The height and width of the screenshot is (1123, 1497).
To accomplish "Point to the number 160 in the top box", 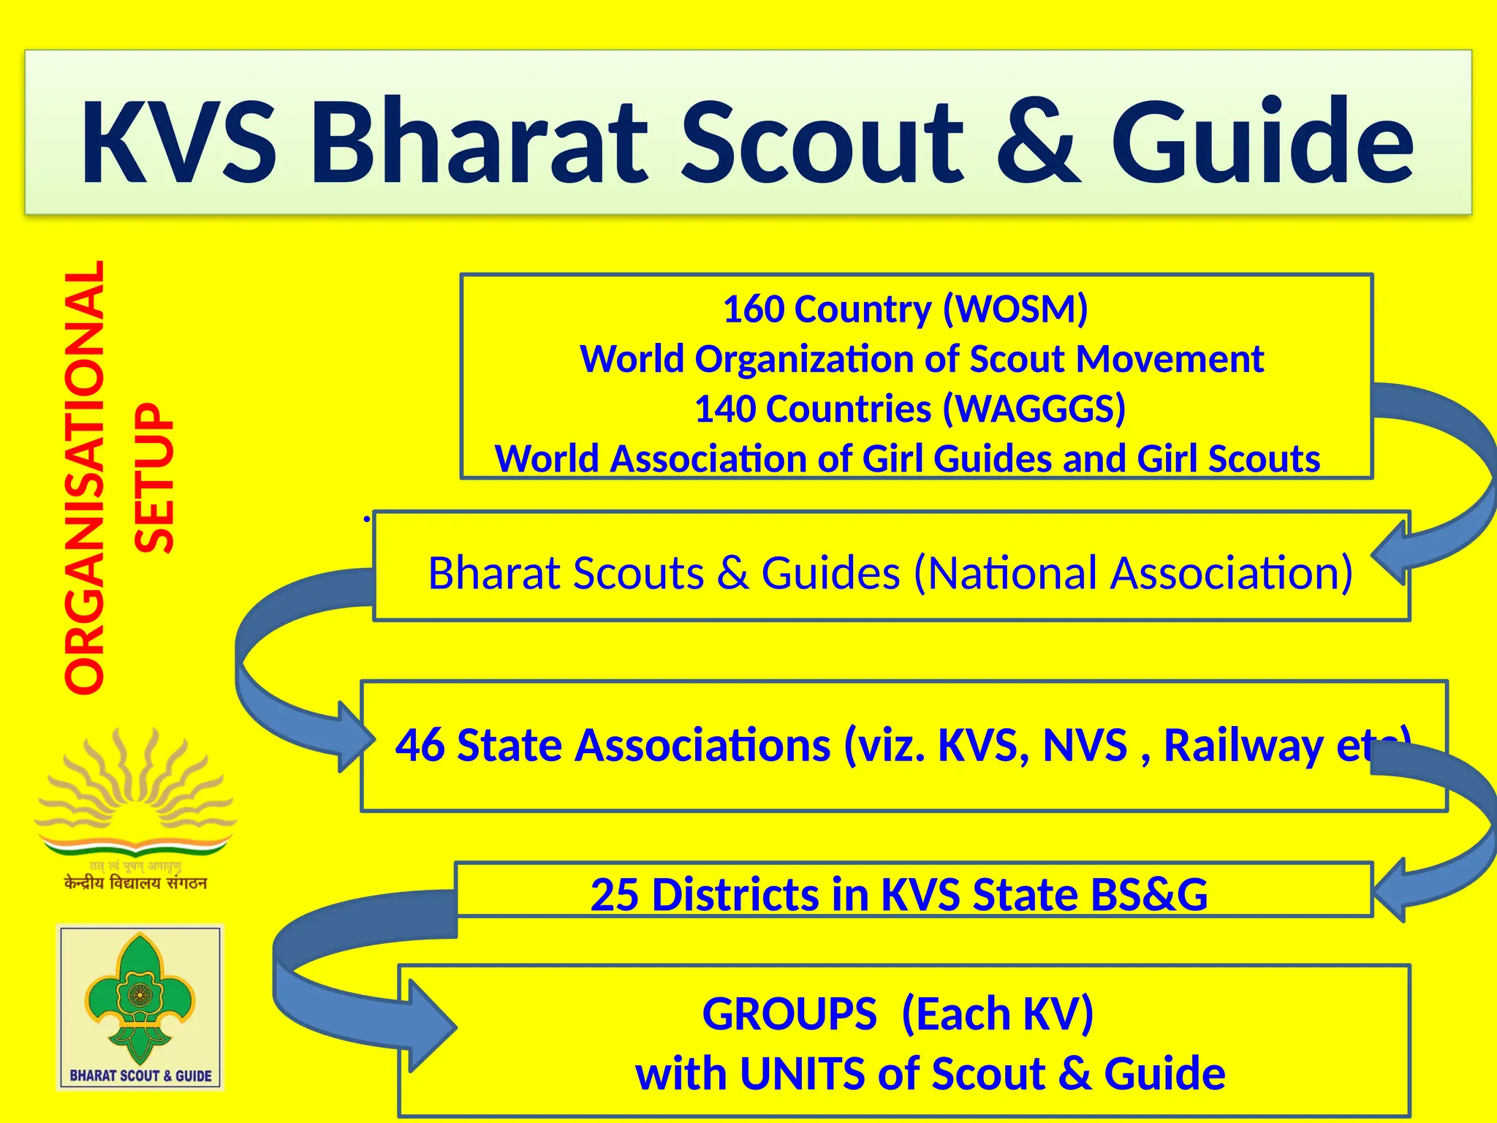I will click(x=753, y=309).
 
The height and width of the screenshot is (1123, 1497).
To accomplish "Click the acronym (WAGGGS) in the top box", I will click(x=1034, y=409).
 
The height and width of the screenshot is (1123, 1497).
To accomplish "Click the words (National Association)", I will click(x=1133, y=572).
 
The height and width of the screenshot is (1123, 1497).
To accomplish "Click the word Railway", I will click(x=1243, y=746).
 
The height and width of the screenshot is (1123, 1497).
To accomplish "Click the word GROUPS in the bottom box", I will click(x=789, y=1015).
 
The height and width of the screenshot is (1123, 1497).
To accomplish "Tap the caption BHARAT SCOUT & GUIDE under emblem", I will click(x=140, y=1075).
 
